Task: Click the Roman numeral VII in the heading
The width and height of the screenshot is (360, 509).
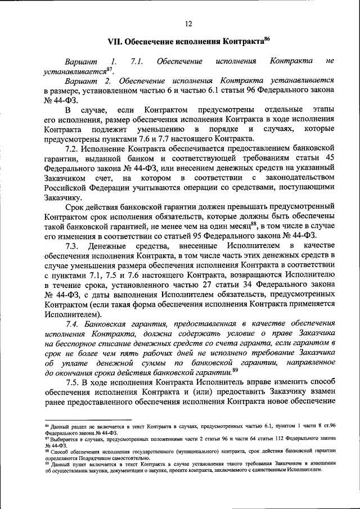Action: [x=114, y=42]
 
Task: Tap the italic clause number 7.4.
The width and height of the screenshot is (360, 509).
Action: [x=74, y=325]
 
